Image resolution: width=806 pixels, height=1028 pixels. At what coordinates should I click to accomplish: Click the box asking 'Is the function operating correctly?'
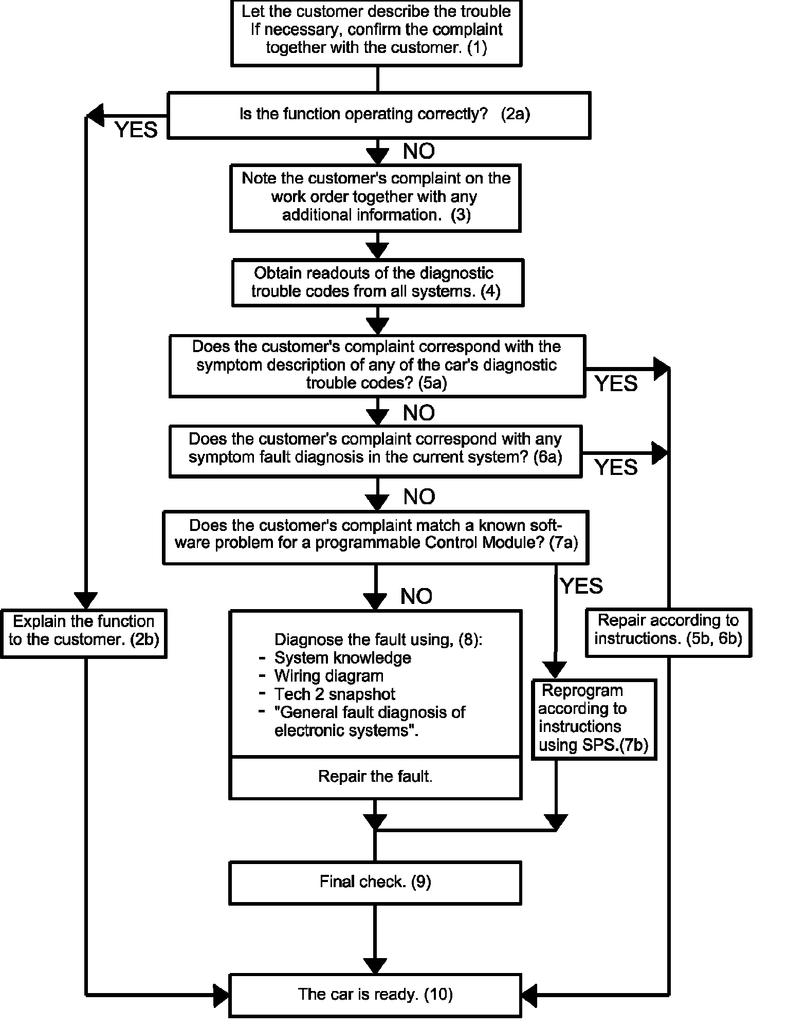[379, 115]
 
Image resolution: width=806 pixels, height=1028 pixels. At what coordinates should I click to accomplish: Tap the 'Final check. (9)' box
[375, 882]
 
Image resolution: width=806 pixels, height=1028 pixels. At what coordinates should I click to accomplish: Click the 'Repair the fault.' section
[375, 776]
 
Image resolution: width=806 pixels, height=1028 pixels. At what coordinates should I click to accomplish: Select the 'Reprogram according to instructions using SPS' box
[595, 718]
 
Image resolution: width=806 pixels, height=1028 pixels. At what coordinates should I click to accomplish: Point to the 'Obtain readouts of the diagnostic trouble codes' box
[377, 282]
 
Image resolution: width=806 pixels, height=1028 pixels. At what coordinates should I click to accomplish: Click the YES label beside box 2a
[136, 131]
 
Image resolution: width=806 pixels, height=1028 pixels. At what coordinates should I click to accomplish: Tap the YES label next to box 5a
[616, 384]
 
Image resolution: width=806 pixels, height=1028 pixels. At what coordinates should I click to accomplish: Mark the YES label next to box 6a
[616, 467]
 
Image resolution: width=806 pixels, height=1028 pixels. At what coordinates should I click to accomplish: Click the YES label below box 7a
[581, 586]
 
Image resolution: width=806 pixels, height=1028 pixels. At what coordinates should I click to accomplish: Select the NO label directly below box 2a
[419, 151]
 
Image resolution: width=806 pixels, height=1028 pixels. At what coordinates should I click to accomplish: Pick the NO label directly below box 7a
[416, 596]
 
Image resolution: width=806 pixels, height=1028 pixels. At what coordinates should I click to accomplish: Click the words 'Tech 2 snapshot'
[335, 694]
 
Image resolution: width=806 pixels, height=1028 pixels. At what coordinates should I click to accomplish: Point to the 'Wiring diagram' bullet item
[329, 676]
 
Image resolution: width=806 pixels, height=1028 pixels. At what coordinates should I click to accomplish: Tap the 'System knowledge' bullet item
[342, 658]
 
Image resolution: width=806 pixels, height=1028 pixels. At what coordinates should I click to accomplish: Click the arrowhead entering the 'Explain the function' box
[85, 600]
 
